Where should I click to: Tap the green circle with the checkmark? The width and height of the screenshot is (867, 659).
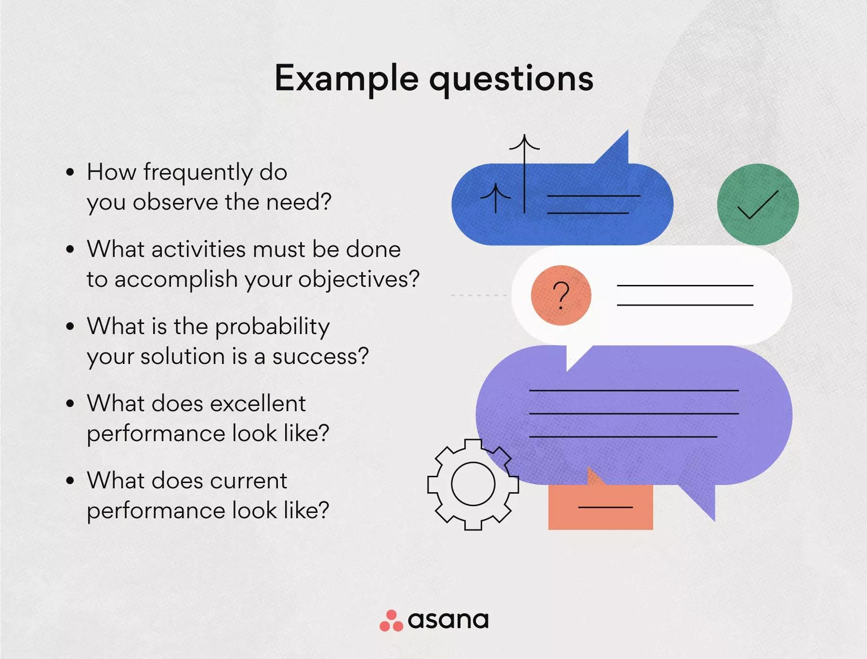click(x=758, y=204)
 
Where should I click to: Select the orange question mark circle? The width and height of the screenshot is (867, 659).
click(x=561, y=295)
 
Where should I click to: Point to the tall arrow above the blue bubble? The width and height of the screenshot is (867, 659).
click(x=525, y=174)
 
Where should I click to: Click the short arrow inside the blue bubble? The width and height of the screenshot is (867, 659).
click(x=496, y=198)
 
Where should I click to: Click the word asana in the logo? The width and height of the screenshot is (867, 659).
click(x=448, y=620)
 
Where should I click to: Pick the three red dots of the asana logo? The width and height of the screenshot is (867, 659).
click(x=391, y=621)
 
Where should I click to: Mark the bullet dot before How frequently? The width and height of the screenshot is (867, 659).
click(x=70, y=172)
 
